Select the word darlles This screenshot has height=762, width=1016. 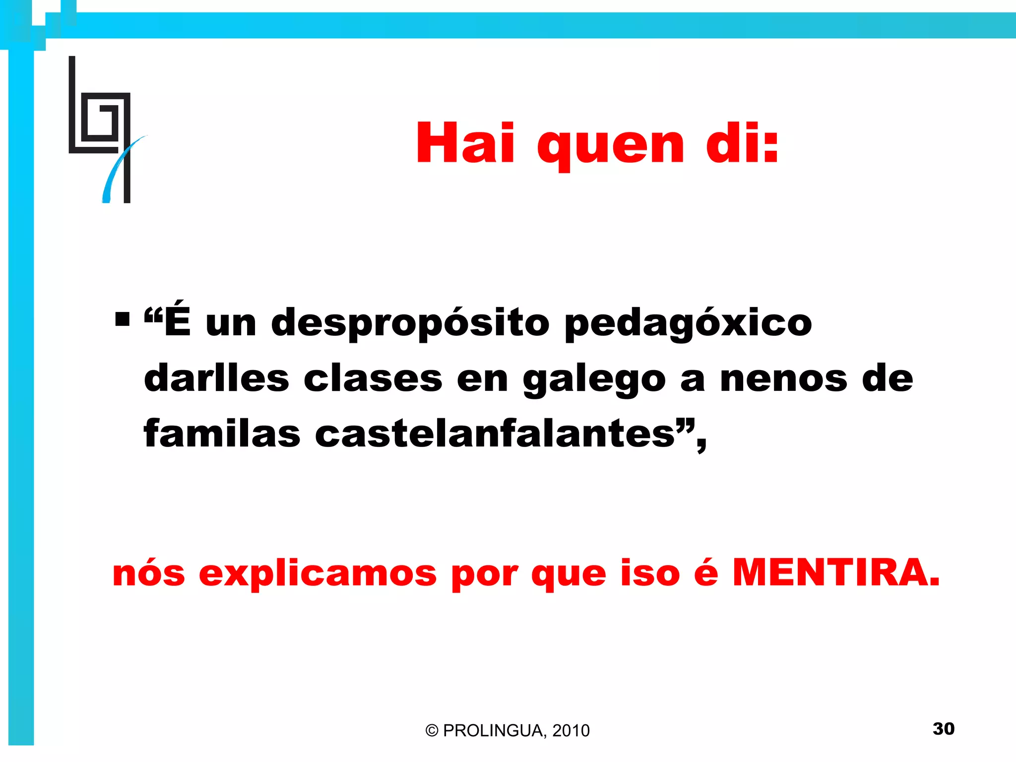point(216,378)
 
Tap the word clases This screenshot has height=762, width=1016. point(373,378)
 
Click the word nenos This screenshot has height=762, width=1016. point(783,378)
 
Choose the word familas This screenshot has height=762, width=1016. point(222,433)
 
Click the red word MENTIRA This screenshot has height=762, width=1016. point(836,572)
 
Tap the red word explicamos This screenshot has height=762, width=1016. point(317,574)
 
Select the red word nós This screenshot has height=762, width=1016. point(149,573)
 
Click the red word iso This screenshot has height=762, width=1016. point(650,573)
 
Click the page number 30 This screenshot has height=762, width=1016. point(944,729)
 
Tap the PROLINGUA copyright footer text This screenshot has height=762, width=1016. point(508,730)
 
